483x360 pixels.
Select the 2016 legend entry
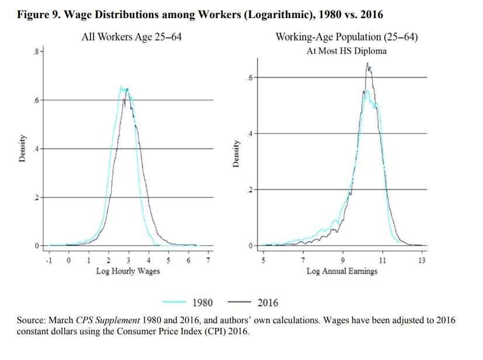click(x=268, y=303)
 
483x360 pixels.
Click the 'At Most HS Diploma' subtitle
click(x=346, y=51)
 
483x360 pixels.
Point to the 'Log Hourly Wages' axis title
click(x=128, y=271)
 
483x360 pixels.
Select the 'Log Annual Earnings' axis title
click(x=342, y=271)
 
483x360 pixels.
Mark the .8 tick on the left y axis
click(x=36, y=53)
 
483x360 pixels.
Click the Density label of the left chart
click(x=22, y=149)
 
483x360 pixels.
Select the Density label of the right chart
click(x=235, y=154)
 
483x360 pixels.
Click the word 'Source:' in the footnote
click(x=32, y=321)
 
